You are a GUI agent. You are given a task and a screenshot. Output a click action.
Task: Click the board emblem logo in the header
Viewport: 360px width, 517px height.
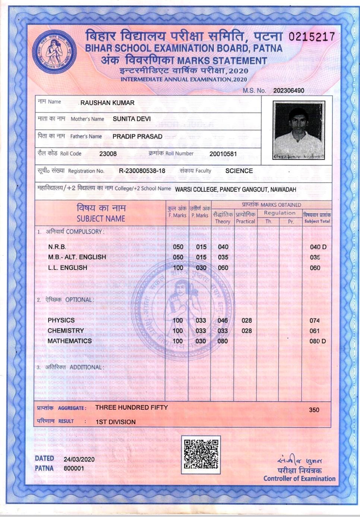click(x=54, y=52)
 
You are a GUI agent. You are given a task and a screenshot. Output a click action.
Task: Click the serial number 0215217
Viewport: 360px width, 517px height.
click(x=312, y=37)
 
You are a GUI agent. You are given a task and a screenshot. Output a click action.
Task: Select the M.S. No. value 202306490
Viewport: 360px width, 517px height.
click(x=288, y=91)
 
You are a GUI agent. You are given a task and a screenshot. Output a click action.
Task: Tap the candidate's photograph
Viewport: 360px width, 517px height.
click(x=299, y=130)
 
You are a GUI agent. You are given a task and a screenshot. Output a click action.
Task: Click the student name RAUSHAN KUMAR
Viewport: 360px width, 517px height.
click(x=107, y=103)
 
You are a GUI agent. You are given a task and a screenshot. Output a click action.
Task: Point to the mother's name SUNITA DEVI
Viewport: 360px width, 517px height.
click(x=132, y=119)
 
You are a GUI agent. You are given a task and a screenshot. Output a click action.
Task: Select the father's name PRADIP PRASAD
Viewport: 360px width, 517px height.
click(x=137, y=136)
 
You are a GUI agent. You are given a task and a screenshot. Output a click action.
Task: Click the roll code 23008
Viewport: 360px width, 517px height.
click(x=108, y=154)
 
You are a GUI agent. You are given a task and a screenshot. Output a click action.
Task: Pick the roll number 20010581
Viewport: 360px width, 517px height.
click(x=223, y=154)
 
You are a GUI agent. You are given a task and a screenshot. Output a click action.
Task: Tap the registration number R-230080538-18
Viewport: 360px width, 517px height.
click(x=142, y=171)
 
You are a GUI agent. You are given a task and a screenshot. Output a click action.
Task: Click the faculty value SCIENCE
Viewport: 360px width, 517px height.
click(x=239, y=171)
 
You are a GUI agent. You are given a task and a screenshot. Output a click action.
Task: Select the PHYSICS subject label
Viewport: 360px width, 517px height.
click(x=61, y=320)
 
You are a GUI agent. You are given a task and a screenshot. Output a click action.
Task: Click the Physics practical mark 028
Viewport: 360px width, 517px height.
click(x=246, y=320)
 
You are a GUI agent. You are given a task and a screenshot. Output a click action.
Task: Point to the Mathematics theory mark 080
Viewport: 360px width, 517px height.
click(x=222, y=341)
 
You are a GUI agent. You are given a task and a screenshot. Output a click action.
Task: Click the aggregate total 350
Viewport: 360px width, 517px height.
click(x=314, y=410)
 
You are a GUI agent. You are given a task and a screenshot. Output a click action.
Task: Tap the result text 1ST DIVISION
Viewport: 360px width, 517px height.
click(x=116, y=422)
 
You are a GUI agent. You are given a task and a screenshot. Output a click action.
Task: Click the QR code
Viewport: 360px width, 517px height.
click(x=201, y=454)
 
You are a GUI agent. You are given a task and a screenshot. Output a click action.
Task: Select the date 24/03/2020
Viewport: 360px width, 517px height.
click(x=79, y=459)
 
